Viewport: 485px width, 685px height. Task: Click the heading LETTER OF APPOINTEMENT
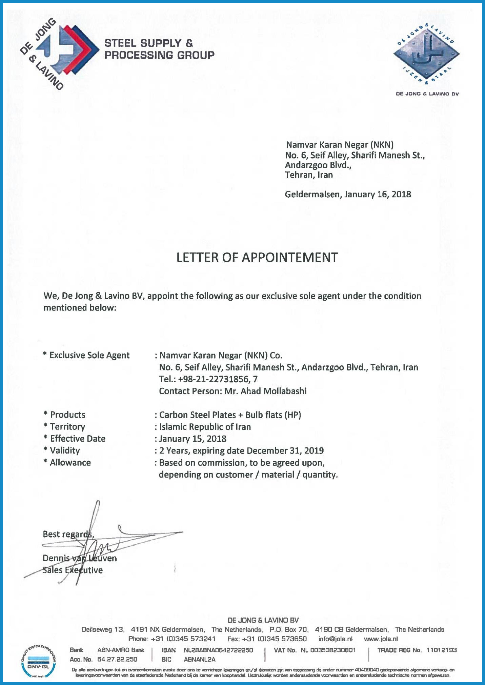(257, 258)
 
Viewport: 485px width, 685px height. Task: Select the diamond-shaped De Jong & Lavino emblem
(426, 54)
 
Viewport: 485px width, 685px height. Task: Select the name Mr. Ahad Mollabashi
(265, 391)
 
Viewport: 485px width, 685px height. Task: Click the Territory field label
(67, 427)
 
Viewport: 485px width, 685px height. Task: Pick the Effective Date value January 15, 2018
(193, 439)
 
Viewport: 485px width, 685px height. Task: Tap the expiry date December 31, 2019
(285, 450)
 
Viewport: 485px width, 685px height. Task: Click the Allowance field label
(70, 463)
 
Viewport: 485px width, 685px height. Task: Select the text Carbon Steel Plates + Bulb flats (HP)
(230, 415)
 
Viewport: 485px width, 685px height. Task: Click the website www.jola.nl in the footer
(381, 639)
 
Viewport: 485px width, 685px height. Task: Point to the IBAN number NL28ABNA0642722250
(218, 650)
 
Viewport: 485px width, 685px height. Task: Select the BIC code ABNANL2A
(200, 660)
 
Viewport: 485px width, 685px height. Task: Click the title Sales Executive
(73, 570)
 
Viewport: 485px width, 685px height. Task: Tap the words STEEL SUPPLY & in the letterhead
(149, 43)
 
